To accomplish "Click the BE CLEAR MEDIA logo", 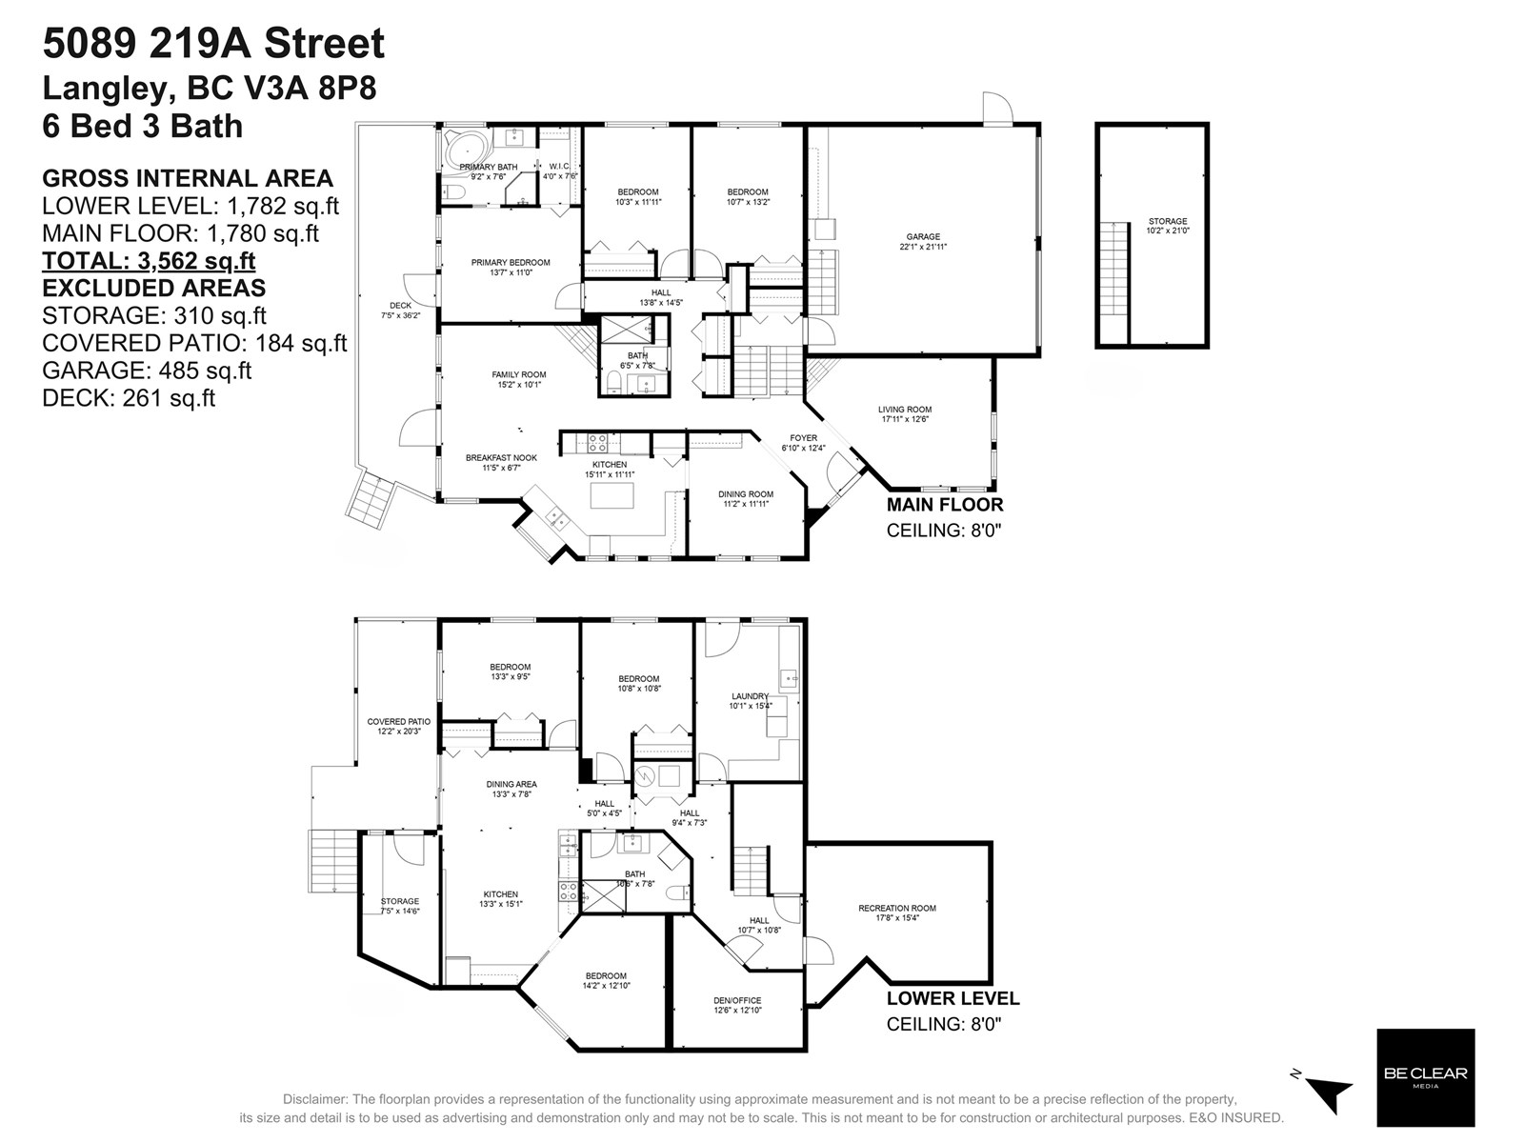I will point(1425,1076).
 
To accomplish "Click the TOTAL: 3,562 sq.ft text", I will point(149,261).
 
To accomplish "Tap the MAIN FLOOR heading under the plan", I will point(944,505).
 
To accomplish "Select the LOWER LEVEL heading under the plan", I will point(952,998).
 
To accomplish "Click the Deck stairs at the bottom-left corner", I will point(371,499).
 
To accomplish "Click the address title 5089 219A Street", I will point(213,44).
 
